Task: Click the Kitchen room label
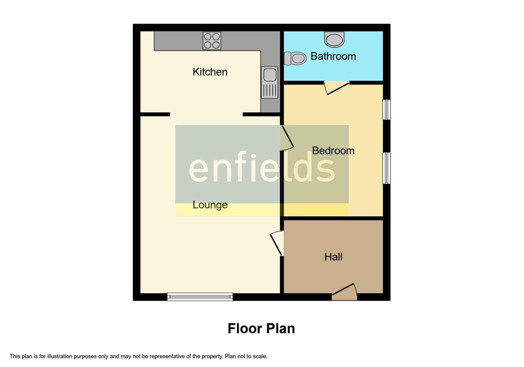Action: click(x=210, y=72)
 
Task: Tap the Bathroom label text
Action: click(x=333, y=56)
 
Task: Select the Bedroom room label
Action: click(x=333, y=151)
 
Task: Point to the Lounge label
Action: click(x=210, y=205)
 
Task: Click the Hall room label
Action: click(x=333, y=257)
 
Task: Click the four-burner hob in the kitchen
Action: click(x=212, y=41)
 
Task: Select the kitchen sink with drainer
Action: click(x=270, y=82)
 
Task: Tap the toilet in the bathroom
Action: click(x=295, y=58)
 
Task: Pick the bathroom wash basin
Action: click(x=334, y=39)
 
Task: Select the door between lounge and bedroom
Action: click(x=287, y=138)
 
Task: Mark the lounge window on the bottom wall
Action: click(x=200, y=297)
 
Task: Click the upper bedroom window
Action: click(x=386, y=110)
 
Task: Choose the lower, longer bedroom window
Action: click(x=386, y=168)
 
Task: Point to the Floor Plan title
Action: click(x=261, y=329)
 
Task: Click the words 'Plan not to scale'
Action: click(x=246, y=356)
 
